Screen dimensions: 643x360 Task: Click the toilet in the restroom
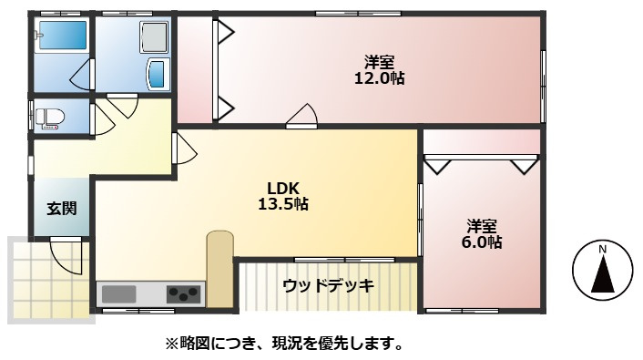(x=49, y=118)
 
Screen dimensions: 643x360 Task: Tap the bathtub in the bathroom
(x=62, y=36)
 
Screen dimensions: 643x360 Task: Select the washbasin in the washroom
(x=158, y=74)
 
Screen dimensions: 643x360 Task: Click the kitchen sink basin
(x=119, y=294)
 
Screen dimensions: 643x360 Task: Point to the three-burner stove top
(x=184, y=293)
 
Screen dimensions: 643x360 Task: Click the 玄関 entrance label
(x=62, y=208)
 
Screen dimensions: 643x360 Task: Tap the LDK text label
(x=283, y=189)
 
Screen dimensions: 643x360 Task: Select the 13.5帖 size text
(x=283, y=203)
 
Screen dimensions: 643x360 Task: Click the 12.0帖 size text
(x=379, y=77)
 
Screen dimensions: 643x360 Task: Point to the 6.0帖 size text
(x=482, y=242)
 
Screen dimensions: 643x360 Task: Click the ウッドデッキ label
(x=329, y=285)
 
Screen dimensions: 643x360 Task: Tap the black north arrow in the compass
(x=602, y=273)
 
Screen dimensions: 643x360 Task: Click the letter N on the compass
(x=602, y=249)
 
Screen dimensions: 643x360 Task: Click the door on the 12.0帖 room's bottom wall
(x=301, y=116)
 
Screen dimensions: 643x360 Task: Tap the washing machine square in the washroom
(x=154, y=37)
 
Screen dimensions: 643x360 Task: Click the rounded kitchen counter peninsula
(x=219, y=269)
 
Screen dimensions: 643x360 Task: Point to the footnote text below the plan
(x=284, y=344)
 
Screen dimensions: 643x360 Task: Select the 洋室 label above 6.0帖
(x=482, y=226)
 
